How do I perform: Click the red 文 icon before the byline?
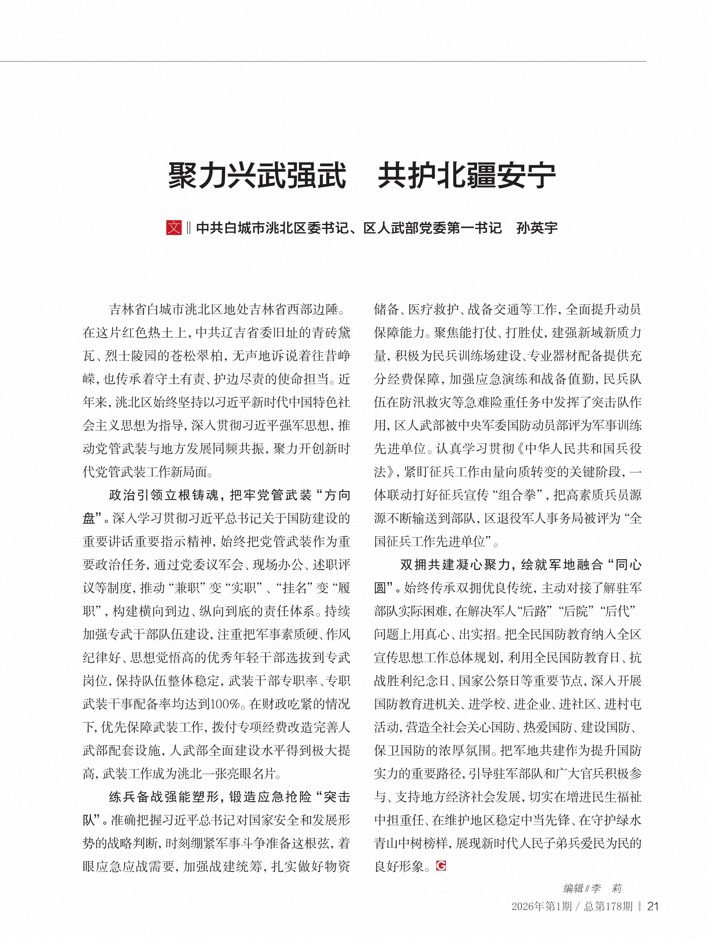173,228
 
